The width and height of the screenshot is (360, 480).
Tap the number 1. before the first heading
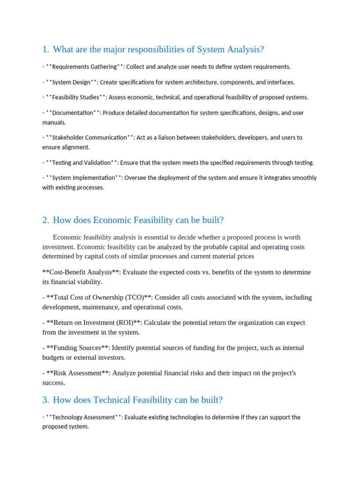tap(45, 49)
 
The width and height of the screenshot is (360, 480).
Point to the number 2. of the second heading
tap(45, 220)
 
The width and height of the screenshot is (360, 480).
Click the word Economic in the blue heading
tap(112, 220)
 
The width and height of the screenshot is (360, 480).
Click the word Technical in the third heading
tap(112, 400)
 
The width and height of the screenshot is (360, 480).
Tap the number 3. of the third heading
tap(45, 400)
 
